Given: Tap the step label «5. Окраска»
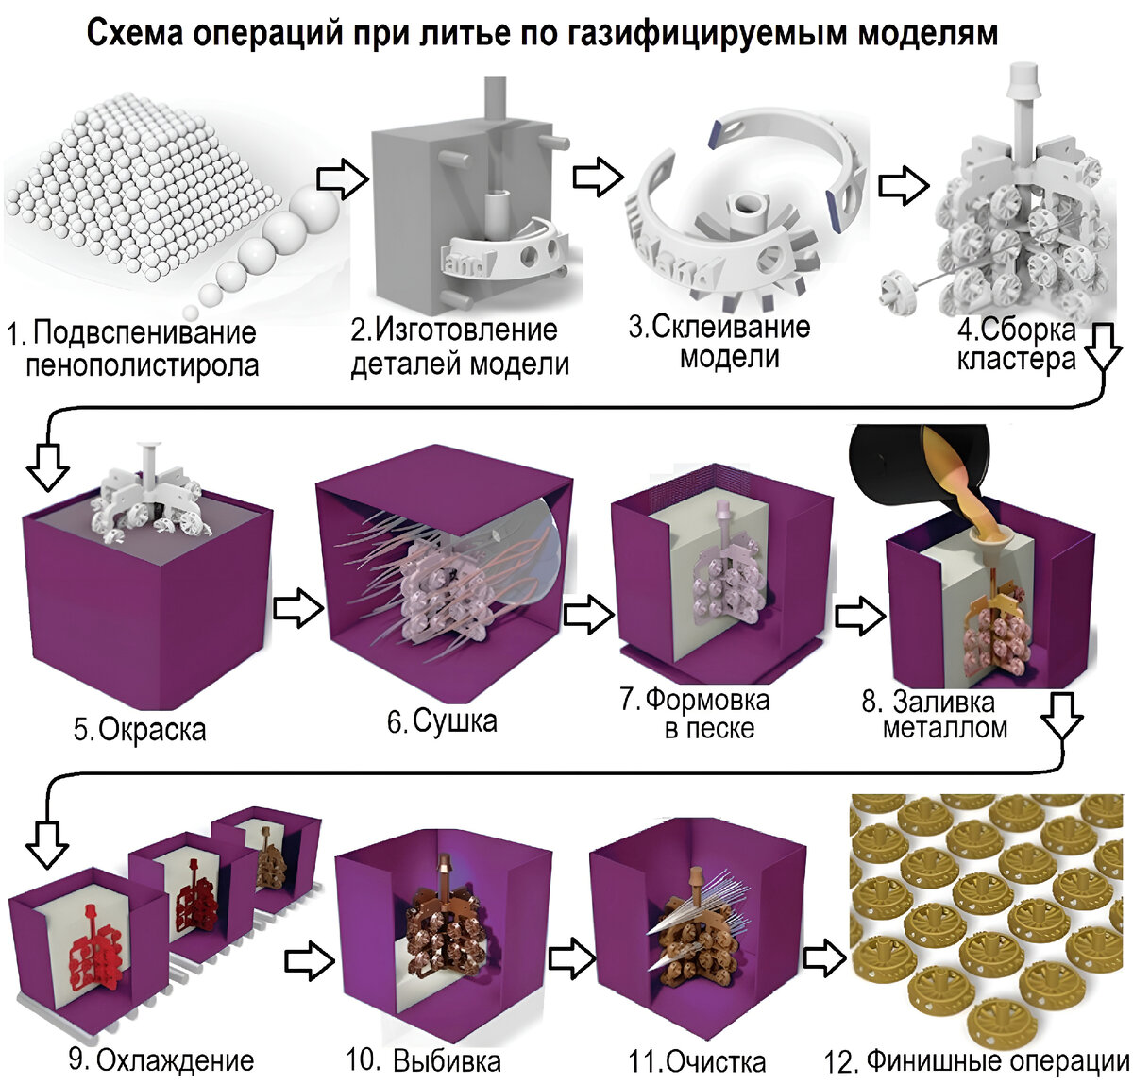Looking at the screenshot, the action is [x=139, y=729].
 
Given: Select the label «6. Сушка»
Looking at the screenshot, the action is [x=442, y=721].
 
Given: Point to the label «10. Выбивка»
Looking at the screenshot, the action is [x=423, y=1060].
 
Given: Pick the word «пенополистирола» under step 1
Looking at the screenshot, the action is [x=143, y=364].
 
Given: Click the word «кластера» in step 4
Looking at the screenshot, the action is [x=1016, y=360].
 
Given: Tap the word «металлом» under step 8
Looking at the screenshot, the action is [x=944, y=727].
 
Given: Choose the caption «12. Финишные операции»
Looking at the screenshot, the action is [x=976, y=1061].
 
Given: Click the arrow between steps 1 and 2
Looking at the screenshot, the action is [x=341, y=177].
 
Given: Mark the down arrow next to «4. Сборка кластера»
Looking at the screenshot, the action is [x=1102, y=350].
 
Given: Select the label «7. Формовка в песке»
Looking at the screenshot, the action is [x=696, y=714].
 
